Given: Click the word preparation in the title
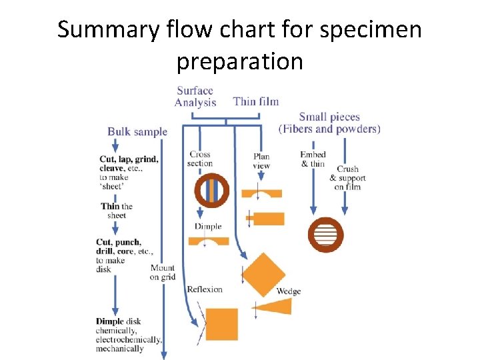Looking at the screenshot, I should (239, 61).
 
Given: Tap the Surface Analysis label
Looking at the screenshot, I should (195, 97).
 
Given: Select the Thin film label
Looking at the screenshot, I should (256, 101).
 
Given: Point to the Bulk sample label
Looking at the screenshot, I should (137, 131).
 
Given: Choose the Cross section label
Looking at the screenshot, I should (200, 159).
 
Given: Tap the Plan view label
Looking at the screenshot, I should (261, 161).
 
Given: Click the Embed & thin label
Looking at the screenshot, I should (313, 159).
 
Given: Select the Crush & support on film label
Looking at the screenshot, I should (348, 178).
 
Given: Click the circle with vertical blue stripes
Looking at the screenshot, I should (211, 191).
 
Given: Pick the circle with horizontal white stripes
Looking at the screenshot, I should (325, 235).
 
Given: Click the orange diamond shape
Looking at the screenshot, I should (263, 275).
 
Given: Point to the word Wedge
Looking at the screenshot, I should (288, 291).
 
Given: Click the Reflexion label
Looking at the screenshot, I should (205, 289).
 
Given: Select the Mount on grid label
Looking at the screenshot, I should (163, 272).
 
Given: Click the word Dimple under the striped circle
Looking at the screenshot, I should (208, 227).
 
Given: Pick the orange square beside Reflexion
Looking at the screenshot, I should (221, 325).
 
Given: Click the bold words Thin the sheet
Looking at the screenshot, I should (117, 211).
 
